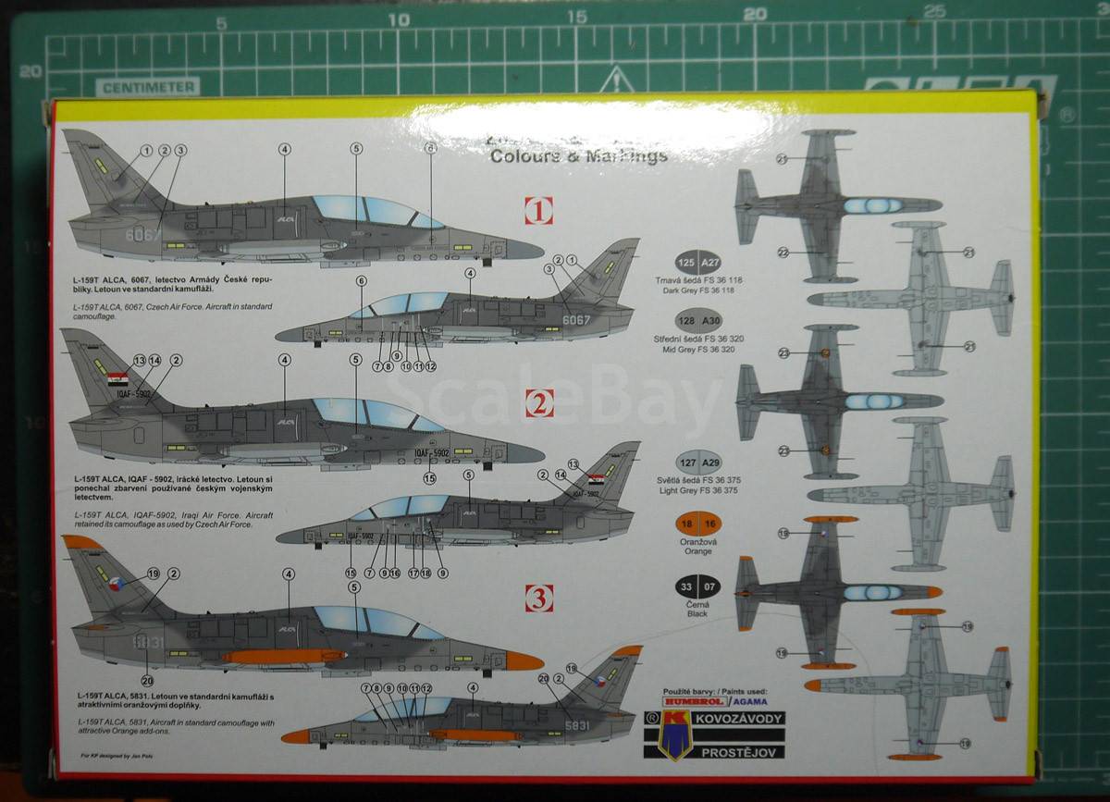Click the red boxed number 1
pos(538,211)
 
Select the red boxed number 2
pos(539,402)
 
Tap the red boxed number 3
pos(539,598)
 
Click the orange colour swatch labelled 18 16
pos(697,524)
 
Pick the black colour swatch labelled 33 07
pos(697,586)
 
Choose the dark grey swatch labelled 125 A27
pos(697,263)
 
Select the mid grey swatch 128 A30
pos(697,321)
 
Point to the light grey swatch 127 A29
pos(697,463)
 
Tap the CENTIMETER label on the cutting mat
pos(147,88)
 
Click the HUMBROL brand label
pos(685,702)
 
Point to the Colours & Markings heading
pos(578,155)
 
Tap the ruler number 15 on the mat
pos(576,17)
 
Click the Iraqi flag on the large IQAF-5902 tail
pos(117,378)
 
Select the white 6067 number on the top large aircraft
pos(142,235)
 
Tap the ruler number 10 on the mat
pos(399,19)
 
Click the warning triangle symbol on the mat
pos(616,80)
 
